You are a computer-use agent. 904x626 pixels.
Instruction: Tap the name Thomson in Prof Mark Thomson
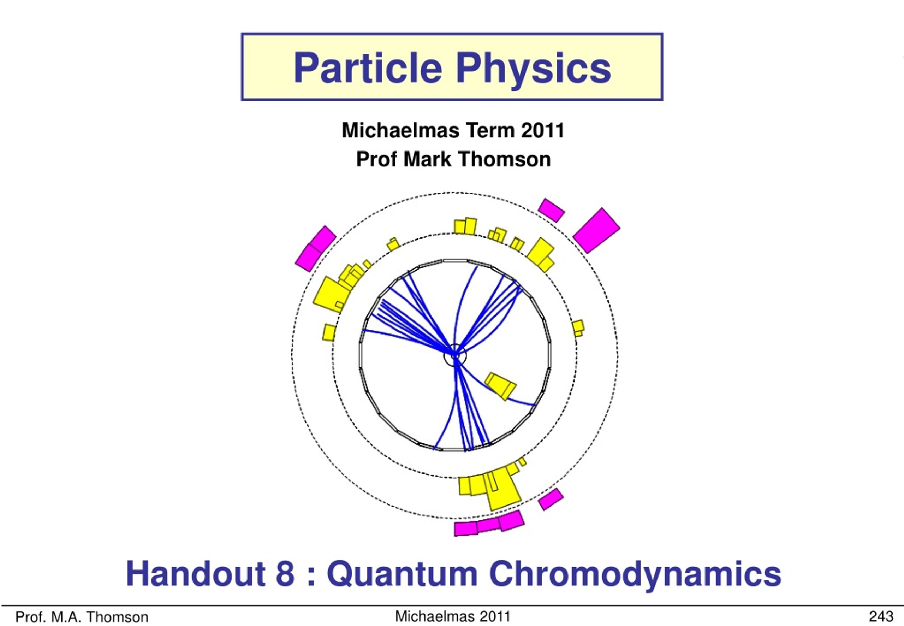tap(505, 159)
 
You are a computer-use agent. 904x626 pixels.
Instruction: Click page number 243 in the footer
tap(881, 616)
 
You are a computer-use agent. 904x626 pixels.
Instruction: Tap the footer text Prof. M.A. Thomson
tap(82, 617)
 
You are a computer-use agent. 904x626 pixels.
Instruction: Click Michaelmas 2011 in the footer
tap(453, 616)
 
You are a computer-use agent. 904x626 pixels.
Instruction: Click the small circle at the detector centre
tap(455, 355)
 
